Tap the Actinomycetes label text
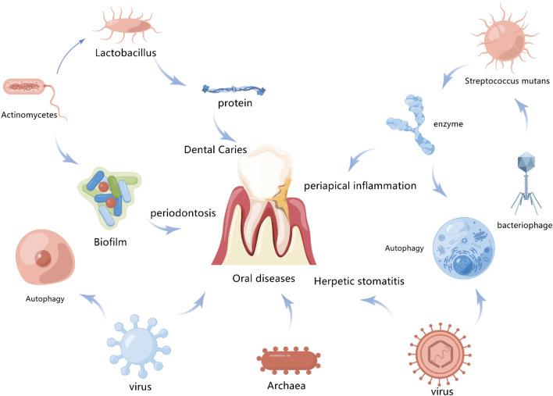tap(29, 113)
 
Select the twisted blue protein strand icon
tap(230, 91)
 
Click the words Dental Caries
tap(217, 148)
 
